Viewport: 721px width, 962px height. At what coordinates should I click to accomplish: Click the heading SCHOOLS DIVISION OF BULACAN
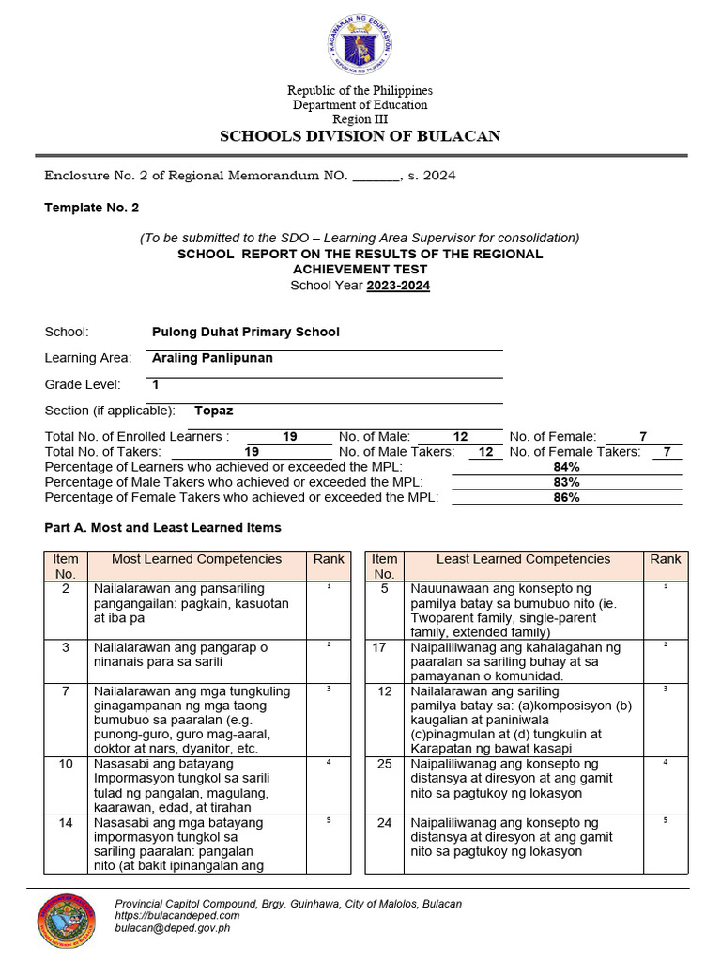(360, 136)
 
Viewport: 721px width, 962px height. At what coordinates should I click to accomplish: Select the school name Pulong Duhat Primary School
(245, 332)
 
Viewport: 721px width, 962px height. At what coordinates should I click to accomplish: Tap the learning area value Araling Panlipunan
(212, 358)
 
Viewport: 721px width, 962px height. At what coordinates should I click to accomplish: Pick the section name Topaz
(213, 411)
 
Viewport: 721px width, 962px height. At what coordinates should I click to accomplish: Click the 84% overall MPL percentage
(566, 467)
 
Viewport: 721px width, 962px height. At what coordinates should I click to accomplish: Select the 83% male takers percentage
(566, 482)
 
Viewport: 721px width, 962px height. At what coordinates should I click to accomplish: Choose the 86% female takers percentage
(566, 497)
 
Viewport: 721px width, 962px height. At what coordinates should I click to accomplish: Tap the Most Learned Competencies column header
(196, 559)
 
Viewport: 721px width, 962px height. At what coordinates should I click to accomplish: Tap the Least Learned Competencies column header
(523, 559)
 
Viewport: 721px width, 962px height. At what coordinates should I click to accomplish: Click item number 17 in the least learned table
(384, 648)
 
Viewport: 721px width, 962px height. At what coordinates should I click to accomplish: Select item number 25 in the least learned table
(384, 764)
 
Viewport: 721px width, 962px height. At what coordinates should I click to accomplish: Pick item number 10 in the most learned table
(66, 764)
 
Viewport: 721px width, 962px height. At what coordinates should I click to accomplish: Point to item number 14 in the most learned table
(66, 822)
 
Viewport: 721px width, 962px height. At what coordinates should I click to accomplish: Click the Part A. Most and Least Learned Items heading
(162, 528)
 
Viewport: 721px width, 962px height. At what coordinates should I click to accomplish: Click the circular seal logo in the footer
(66, 921)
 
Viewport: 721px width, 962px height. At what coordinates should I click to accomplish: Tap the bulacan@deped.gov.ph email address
(172, 928)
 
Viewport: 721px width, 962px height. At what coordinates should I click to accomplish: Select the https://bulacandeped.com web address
(176, 915)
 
